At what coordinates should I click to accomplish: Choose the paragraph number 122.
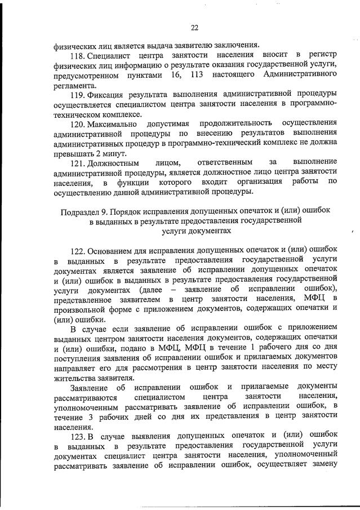tap(79, 250)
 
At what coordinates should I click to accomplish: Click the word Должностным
tap(115, 162)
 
